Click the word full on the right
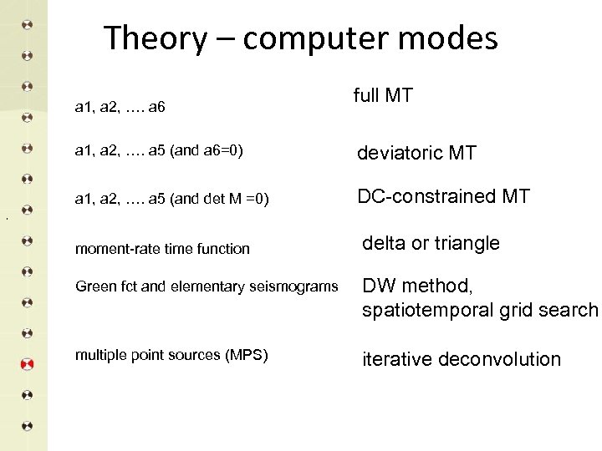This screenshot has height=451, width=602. tap(366, 96)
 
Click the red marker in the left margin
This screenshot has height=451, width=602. tap(27, 364)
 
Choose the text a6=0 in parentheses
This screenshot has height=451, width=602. tap(222, 151)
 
